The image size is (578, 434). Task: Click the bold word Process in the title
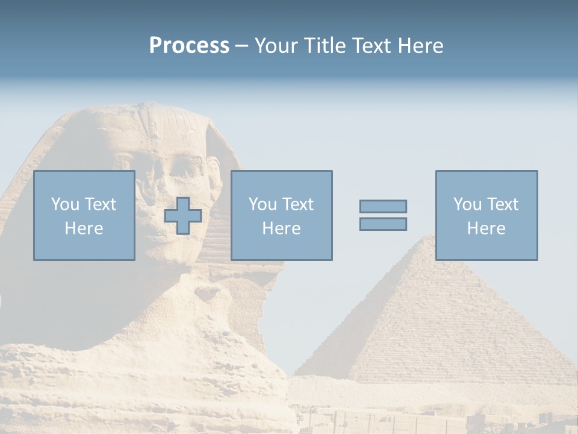click(x=189, y=46)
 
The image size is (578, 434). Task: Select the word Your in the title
click(x=277, y=46)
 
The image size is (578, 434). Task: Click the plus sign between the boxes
click(x=183, y=216)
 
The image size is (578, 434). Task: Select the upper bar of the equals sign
click(x=383, y=206)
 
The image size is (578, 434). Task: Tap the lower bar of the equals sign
click(x=383, y=224)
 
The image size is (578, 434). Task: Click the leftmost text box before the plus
click(x=84, y=215)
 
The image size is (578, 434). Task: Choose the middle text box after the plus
click(x=281, y=215)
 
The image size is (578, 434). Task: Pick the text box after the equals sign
click(x=486, y=215)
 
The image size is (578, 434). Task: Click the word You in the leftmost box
click(x=65, y=204)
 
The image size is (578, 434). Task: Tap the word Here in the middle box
click(x=281, y=228)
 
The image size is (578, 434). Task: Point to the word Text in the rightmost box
click(x=503, y=204)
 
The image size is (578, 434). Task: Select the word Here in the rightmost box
click(x=486, y=228)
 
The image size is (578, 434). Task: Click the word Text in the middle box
click(x=298, y=204)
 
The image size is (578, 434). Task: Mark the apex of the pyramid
click(x=428, y=236)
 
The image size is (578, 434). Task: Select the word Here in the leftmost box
click(x=84, y=228)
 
